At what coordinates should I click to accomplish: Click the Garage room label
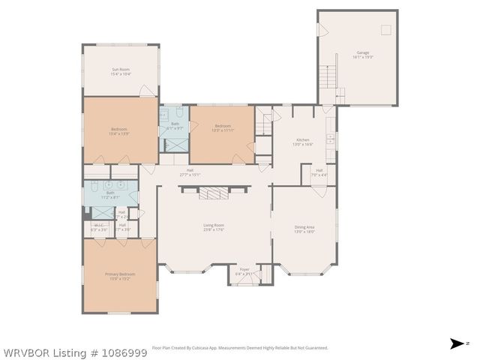pyautogui.click(x=363, y=52)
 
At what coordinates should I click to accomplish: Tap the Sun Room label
pyautogui.click(x=121, y=70)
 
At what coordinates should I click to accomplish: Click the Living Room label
pyautogui.click(x=214, y=225)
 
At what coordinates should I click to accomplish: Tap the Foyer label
pyautogui.click(x=244, y=270)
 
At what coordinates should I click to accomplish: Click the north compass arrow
pyautogui.click(x=455, y=343)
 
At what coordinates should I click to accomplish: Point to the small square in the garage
pyautogui.click(x=385, y=29)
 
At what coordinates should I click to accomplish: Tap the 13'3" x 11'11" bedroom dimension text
pyautogui.click(x=223, y=130)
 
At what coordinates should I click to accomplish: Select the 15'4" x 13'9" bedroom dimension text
pyautogui.click(x=120, y=133)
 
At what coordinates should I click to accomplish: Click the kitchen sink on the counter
pyautogui.click(x=331, y=120)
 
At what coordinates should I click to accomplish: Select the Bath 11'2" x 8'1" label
pyautogui.click(x=110, y=194)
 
